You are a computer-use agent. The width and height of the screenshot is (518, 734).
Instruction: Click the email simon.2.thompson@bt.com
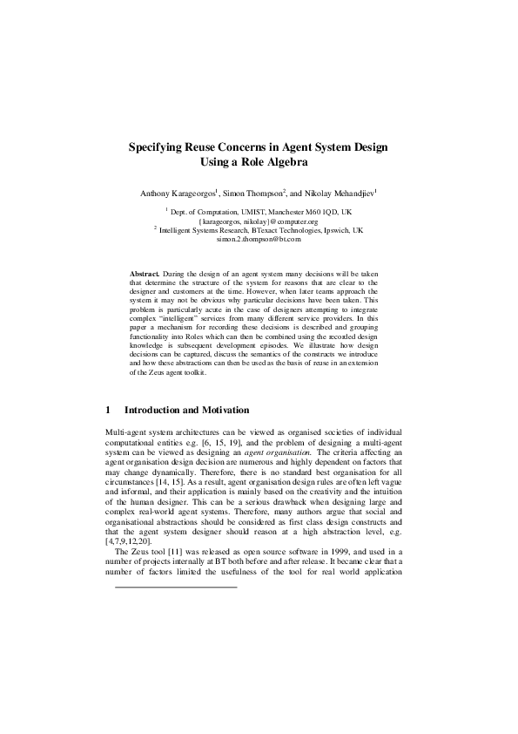tap(259, 238)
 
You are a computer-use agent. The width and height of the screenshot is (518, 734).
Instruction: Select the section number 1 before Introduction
tap(107, 410)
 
